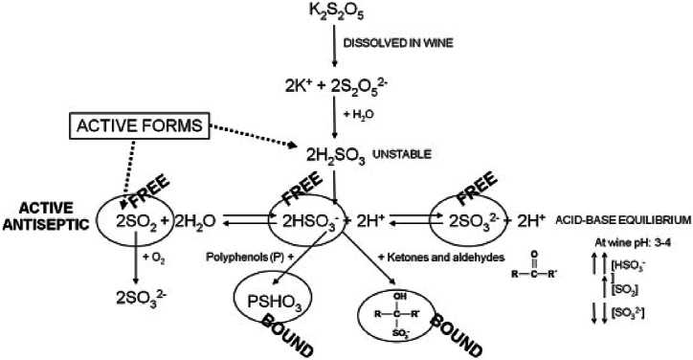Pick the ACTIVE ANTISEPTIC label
34,218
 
